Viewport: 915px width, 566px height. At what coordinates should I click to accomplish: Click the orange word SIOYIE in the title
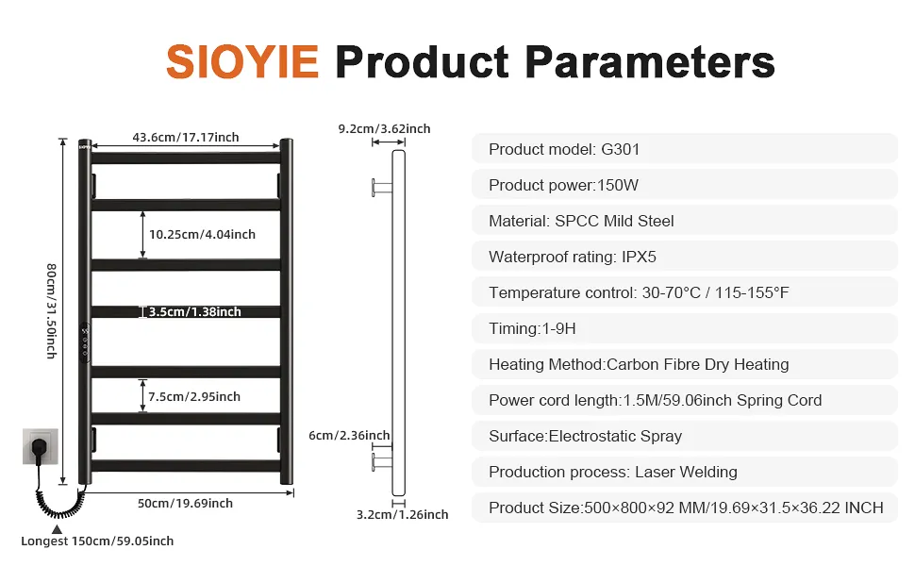(x=242, y=62)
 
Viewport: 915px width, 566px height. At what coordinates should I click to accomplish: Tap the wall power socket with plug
(x=41, y=446)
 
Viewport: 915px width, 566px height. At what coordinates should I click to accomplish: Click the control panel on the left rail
(x=85, y=343)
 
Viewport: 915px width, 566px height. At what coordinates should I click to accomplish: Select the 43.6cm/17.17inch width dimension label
(x=186, y=137)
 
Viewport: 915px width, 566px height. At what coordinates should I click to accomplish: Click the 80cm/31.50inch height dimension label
(x=52, y=311)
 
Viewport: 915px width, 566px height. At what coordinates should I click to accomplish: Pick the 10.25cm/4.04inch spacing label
(x=202, y=235)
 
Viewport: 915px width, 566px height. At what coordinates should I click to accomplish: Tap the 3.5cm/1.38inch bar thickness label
(x=195, y=311)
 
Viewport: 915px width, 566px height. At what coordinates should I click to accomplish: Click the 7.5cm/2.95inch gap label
(x=194, y=397)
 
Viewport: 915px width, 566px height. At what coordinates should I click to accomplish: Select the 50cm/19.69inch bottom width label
(x=185, y=503)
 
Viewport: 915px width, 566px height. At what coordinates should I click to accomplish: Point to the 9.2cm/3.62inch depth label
(x=384, y=128)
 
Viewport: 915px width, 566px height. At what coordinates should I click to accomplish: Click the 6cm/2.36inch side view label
(x=349, y=435)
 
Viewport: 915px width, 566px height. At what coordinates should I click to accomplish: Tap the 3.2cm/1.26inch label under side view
(x=402, y=515)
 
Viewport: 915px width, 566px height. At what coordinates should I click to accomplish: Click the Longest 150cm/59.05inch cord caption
(x=97, y=541)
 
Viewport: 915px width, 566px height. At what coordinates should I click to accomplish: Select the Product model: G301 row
(x=685, y=149)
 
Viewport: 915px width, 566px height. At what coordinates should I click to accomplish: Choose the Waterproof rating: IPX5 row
(x=685, y=257)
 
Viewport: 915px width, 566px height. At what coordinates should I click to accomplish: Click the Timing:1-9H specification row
(x=685, y=328)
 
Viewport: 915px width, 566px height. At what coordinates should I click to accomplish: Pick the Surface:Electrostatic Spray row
(x=685, y=436)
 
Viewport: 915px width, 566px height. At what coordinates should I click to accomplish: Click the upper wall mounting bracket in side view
(x=382, y=188)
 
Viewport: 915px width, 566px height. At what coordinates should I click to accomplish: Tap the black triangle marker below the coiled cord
(x=58, y=529)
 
